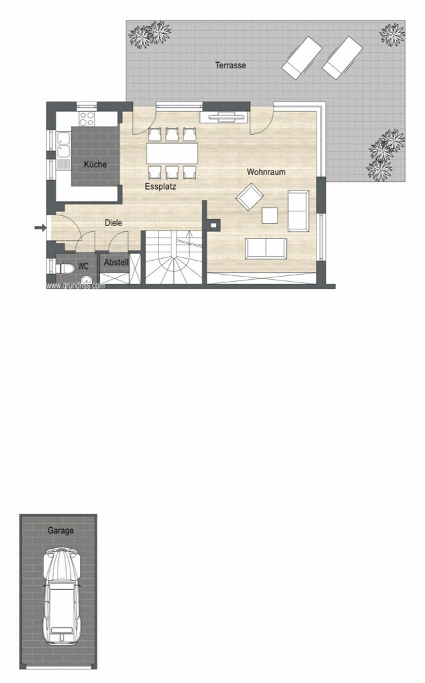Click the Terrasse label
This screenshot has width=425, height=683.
click(x=230, y=65)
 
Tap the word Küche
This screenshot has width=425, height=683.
click(x=95, y=164)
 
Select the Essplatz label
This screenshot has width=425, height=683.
click(x=160, y=187)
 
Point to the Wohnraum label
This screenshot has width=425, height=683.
click(x=266, y=172)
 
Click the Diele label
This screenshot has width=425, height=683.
click(x=113, y=222)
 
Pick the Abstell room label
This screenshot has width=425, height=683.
click(x=116, y=263)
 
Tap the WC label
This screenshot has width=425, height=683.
click(x=83, y=266)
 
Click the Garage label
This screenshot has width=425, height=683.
click(x=61, y=530)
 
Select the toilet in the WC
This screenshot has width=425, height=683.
click(x=64, y=268)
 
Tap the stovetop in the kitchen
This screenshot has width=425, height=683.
click(x=86, y=118)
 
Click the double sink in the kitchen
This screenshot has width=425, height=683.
click(x=64, y=144)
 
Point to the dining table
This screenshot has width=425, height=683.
click(x=172, y=153)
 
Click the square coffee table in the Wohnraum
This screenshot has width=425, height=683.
click(x=270, y=215)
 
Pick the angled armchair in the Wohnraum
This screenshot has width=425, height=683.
click(x=250, y=197)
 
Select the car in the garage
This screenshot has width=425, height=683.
click(x=62, y=597)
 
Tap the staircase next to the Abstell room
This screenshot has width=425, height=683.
click(x=174, y=257)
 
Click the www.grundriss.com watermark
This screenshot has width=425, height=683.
click(x=75, y=286)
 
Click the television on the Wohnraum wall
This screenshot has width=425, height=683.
click(x=224, y=116)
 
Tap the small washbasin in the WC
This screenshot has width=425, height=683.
click(x=86, y=279)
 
